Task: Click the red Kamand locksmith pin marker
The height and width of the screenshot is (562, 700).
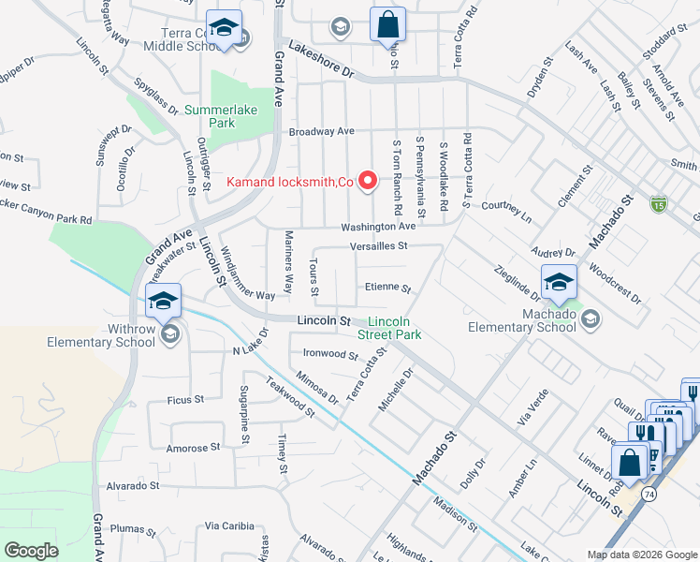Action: coord(369,180)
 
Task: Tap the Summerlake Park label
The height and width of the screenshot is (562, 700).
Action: coord(209,116)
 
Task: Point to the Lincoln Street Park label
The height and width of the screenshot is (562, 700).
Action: coord(388,327)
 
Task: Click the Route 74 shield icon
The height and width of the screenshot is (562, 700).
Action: coord(649,492)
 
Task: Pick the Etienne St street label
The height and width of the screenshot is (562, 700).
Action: coord(387,288)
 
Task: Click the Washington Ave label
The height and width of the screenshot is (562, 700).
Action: coord(377,227)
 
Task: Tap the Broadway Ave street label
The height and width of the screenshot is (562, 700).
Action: coord(321,131)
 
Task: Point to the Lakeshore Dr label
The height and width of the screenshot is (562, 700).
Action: coord(323,58)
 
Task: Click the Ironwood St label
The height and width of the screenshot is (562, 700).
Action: coord(331,356)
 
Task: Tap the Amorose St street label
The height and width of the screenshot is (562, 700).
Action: coord(193,448)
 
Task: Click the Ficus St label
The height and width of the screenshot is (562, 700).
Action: coord(185,400)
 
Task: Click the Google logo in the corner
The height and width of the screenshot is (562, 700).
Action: coord(31,551)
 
